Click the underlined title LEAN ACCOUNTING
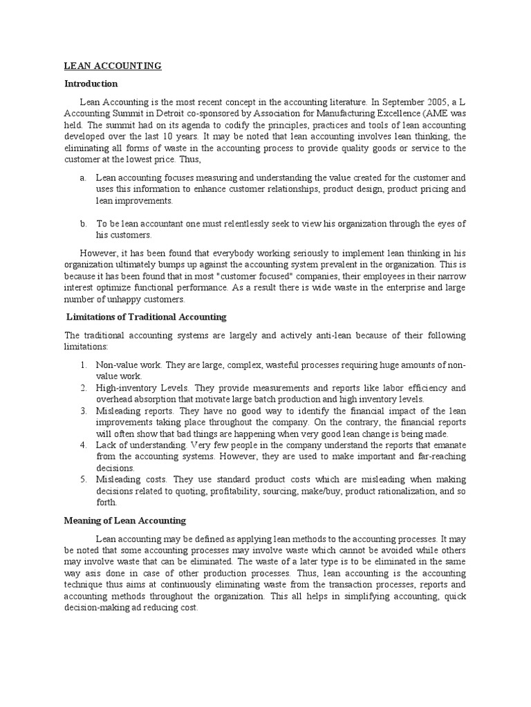(x=113, y=66)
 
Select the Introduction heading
(x=91, y=84)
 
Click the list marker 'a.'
(x=83, y=177)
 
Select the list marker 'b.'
(x=83, y=223)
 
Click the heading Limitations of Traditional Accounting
(x=146, y=317)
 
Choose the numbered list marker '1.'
(x=82, y=365)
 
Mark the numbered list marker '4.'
(x=82, y=445)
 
